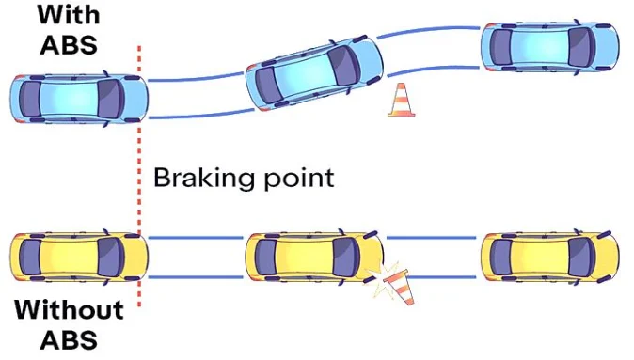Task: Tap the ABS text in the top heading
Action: point(67,45)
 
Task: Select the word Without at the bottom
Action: point(69,309)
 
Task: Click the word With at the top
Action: point(67,16)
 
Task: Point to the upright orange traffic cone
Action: point(402,101)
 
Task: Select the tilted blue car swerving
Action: point(314,75)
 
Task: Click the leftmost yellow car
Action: point(77,257)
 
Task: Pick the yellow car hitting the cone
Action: point(314,257)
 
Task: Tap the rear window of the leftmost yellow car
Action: point(34,257)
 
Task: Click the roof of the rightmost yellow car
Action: point(542,256)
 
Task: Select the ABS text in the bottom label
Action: point(69,339)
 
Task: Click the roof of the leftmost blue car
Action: point(70,100)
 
